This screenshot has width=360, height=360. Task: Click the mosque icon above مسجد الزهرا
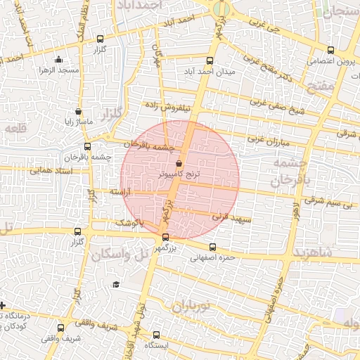click(58, 59)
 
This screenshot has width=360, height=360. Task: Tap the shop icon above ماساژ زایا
click(78, 111)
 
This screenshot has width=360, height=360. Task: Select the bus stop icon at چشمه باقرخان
click(87, 146)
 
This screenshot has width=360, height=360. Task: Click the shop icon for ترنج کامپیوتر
click(179, 162)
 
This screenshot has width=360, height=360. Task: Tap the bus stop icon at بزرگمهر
click(165, 238)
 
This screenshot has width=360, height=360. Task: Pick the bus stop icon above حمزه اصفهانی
click(213, 247)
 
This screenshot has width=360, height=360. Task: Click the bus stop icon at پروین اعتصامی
click(330, 50)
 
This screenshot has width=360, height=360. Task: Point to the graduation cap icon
click(116, 284)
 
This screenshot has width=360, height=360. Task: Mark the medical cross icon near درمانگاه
click(4, 305)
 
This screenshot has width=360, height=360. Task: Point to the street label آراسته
click(121, 191)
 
